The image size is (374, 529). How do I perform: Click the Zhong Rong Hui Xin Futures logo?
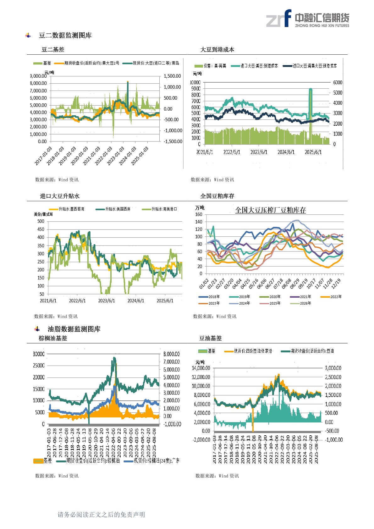(307, 18)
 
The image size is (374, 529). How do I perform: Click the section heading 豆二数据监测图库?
(65, 36)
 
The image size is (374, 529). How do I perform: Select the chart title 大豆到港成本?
(217, 50)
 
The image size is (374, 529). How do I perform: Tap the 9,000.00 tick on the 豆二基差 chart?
(38, 76)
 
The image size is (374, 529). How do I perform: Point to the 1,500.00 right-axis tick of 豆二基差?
(172, 76)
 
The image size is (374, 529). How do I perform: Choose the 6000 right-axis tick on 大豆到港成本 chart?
(338, 82)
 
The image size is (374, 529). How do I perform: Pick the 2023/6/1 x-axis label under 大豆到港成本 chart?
(259, 152)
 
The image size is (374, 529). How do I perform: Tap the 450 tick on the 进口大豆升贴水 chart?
(41, 229)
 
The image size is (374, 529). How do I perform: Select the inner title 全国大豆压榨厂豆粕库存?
(270, 210)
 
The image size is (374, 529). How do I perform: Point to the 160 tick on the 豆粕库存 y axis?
(199, 214)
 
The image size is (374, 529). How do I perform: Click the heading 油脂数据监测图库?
(74, 329)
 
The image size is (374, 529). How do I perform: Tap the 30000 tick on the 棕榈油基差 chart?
(39, 354)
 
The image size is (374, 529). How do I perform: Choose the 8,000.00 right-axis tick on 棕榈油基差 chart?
(171, 354)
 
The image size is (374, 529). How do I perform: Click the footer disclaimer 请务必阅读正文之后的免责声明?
(101, 515)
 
